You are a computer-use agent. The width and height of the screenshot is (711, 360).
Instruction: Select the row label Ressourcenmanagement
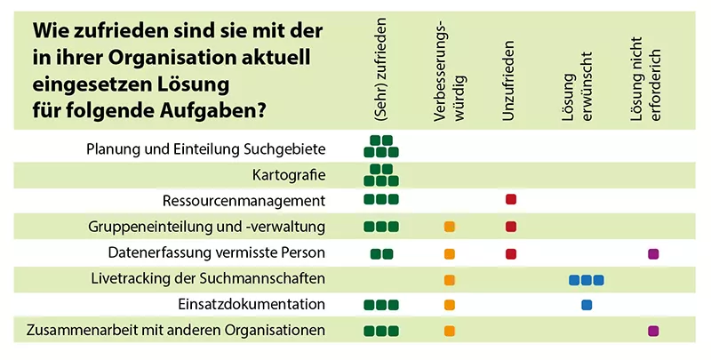pyautogui.click(x=244, y=200)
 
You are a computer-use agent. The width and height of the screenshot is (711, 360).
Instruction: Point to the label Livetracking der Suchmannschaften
pyautogui.click(x=208, y=278)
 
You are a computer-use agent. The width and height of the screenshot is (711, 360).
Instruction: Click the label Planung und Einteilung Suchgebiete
pyautogui.click(x=206, y=148)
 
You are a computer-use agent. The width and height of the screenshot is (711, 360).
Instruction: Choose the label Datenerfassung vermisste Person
pyautogui.click(x=217, y=252)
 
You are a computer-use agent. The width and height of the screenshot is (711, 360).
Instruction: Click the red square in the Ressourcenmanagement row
pyautogui.click(x=511, y=200)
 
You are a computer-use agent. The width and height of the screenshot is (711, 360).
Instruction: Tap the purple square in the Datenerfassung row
pyautogui.click(x=653, y=254)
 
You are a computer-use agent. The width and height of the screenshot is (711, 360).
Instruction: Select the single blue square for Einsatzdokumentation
pyautogui.click(x=587, y=305)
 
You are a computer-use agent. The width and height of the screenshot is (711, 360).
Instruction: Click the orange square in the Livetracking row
pyautogui.click(x=450, y=280)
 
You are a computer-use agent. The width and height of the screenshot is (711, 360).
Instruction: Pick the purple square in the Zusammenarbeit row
pyautogui.click(x=653, y=332)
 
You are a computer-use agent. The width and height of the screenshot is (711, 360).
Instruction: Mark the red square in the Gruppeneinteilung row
pyautogui.click(x=511, y=227)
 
